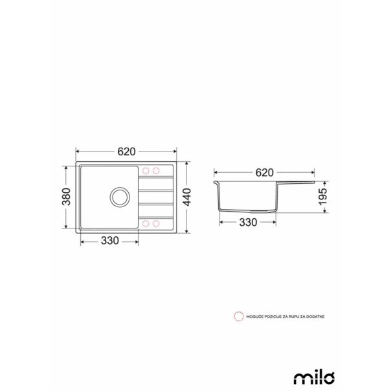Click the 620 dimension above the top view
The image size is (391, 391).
tap(126, 151)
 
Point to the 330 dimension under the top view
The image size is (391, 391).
tap(110, 241)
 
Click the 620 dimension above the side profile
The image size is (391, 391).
tap(264, 173)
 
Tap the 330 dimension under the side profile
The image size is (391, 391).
tap(249, 222)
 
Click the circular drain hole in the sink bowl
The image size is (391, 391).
tap(118, 195)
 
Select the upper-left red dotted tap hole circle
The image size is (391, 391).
tap(146, 171)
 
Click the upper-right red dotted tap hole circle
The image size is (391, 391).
tap(156, 171)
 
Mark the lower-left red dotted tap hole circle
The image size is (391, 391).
tap(146, 223)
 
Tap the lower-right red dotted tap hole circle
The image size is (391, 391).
tap(156, 223)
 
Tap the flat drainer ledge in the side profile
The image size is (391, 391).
tap(298, 184)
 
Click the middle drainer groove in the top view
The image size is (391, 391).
tap(156, 197)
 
